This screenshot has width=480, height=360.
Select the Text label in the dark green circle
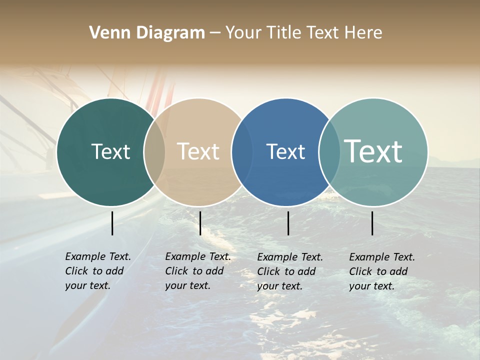tap(110, 151)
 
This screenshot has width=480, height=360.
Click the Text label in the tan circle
tap(198, 151)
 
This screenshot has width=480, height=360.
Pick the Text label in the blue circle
tap(285, 151)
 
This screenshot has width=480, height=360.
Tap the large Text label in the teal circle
tap(373, 151)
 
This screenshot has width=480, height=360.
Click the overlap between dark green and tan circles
tap(154, 152)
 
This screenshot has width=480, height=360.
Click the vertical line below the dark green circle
tap(112, 223)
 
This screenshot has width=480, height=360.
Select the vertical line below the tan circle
tap(200, 223)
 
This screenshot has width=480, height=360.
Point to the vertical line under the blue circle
tap(288, 223)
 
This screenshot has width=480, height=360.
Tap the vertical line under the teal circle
tap(372, 223)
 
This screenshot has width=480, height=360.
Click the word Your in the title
tap(243, 33)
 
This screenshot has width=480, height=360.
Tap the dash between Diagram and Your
tap(214, 33)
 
